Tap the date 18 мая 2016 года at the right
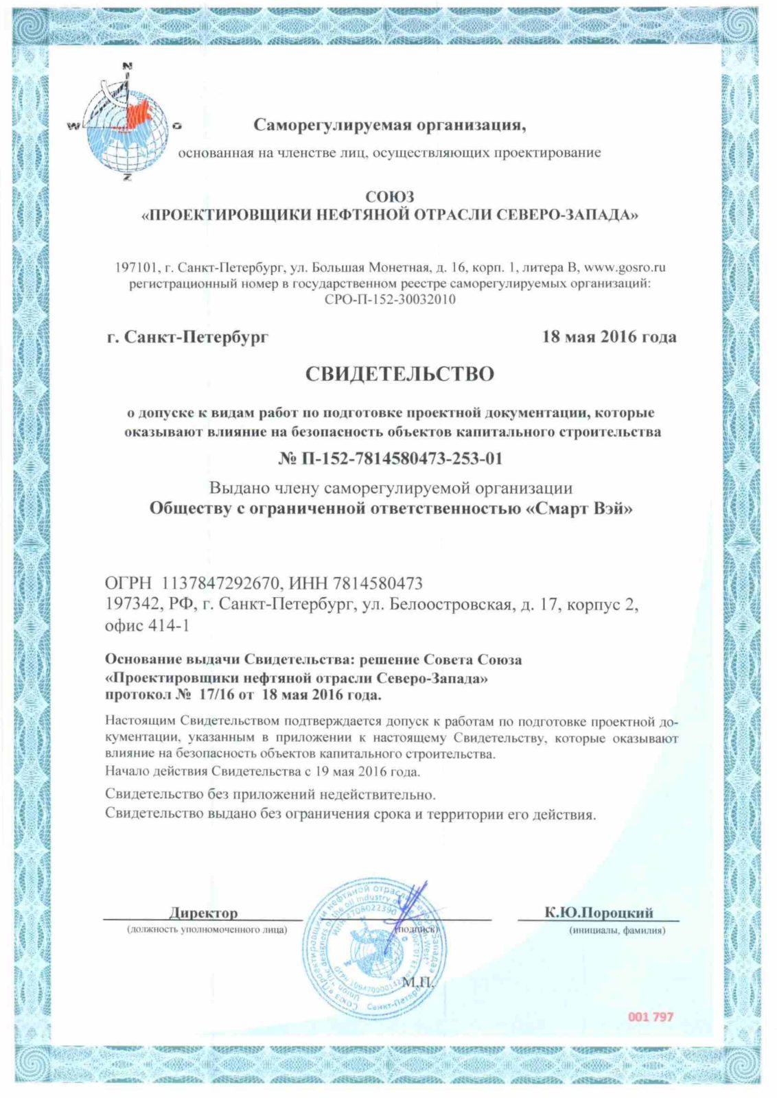tap(609, 336)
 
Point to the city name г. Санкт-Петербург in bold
tap(187, 337)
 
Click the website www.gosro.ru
tap(624, 267)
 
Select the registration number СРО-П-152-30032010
tap(389, 299)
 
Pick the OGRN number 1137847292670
tap(221, 583)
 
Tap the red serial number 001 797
tap(651, 1016)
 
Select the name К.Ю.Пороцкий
tap(599, 912)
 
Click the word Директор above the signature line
tap(203, 913)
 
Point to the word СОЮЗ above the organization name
tap(389, 198)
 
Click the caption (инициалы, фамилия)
tap(616, 931)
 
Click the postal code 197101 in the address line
tap(137, 267)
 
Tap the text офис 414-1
tap(147, 625)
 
